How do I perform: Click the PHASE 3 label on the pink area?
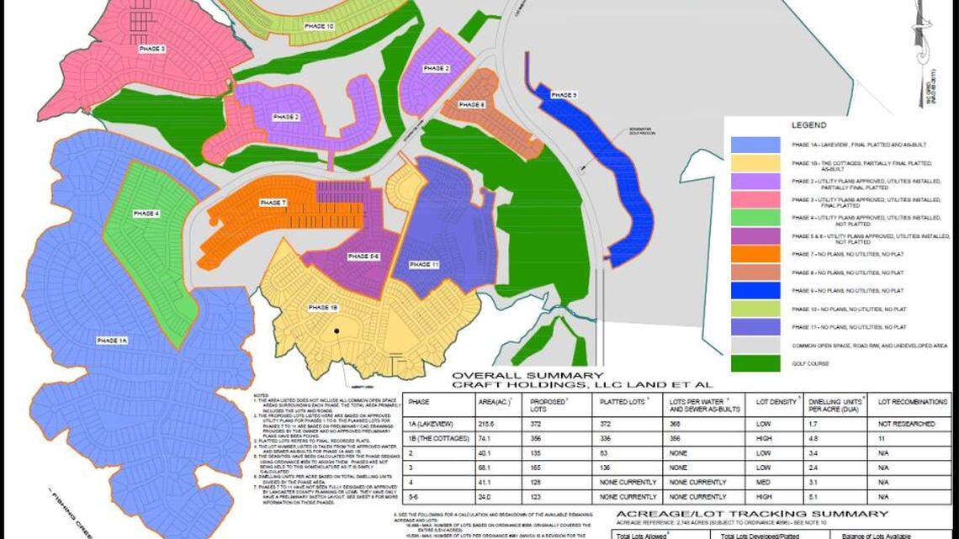click(152, 49)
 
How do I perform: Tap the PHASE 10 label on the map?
click(319, 27)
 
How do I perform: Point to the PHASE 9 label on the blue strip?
click(564, 95)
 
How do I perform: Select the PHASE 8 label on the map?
click(472, 104)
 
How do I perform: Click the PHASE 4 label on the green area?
click(146, 214)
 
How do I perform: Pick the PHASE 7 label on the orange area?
click(273, 203)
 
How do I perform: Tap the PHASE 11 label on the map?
click(424, 264)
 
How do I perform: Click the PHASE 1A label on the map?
click(111, 340)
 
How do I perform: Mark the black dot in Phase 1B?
click(336, 331)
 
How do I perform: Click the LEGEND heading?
click(809, 124)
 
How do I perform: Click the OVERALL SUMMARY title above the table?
click(527, 376)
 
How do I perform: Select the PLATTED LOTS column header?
click(622, 403)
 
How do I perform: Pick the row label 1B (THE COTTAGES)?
click(437, 437)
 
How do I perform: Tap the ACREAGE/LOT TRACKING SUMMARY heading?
click(751, 514)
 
